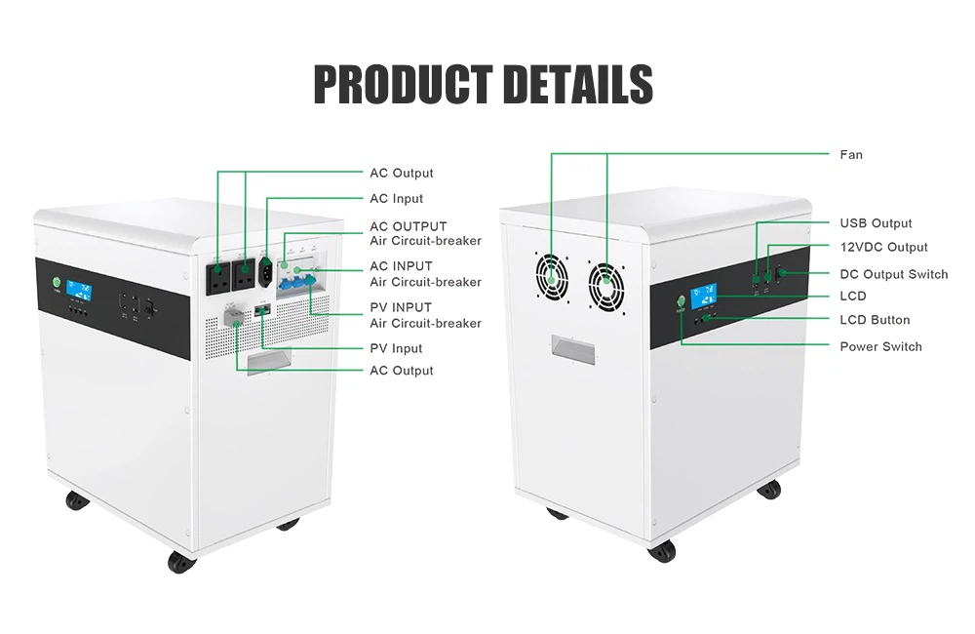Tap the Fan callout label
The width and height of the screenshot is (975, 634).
[850, 154]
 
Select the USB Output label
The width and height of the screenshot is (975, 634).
[876, 222]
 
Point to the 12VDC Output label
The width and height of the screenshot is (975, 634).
[883, 247]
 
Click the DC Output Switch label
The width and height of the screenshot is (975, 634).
[893, 274]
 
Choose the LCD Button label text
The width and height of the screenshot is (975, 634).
[875, 320]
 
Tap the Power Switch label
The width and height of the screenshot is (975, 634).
[880, 346]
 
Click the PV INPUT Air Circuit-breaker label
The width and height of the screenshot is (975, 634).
[425, 315]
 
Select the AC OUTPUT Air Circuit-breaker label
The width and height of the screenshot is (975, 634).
[425, 233]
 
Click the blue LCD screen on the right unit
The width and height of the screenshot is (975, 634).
[703, 295]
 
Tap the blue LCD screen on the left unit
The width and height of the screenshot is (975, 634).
[80, 292]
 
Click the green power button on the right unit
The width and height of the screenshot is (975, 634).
[681, 301]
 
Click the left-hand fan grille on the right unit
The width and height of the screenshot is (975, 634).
[552, 276]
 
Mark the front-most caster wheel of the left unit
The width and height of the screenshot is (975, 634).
[181, 563]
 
